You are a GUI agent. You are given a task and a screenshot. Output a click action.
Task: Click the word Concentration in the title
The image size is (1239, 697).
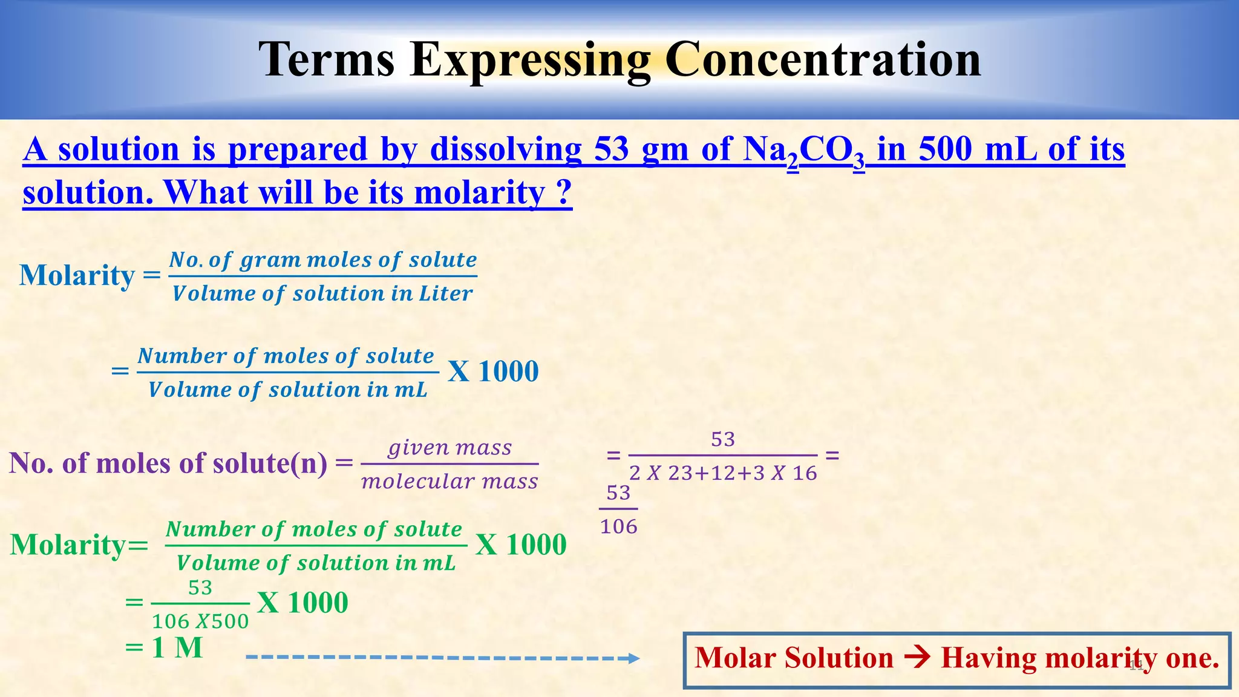click(x=822, y=59)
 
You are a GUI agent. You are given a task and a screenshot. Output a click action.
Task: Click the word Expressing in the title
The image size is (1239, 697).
click(x=530, y=61)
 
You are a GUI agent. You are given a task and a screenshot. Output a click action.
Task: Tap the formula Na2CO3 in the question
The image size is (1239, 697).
click(x=804, y=150)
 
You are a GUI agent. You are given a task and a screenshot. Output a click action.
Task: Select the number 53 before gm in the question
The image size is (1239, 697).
click(x=612, y=149)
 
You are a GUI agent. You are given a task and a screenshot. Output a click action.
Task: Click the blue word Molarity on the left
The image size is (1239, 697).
click(x=77, y=275)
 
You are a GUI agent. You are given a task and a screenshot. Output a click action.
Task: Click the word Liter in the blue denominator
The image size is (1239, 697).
click(x=445, y=294)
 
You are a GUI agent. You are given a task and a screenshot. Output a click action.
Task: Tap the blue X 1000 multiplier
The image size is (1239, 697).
click(x=493, y=371)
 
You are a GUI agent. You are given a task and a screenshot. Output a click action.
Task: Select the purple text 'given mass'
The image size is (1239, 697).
click(x=450, y=448)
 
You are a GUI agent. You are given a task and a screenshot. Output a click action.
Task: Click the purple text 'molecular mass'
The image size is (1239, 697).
click(x=450, y=482)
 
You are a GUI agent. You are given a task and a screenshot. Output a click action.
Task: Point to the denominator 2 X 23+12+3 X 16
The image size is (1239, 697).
click(x=723, y=473)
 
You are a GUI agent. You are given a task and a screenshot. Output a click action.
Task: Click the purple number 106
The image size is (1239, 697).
click(x=618, y=527)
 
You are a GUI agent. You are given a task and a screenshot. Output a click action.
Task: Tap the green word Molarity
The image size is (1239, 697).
click(x=68, y=545)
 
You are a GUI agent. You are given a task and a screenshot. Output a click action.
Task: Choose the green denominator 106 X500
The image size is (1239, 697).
click(x=200, y=621)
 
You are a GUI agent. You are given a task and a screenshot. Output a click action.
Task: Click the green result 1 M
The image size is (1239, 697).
click(x=177, y=648)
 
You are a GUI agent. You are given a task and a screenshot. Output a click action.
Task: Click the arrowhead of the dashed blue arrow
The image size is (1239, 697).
click(x=633, y=658)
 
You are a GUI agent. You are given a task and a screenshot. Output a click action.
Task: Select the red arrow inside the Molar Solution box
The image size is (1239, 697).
click(x=917, y=658)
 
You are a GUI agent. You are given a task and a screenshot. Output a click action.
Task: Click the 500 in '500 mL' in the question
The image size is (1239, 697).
click(x=945, y=149)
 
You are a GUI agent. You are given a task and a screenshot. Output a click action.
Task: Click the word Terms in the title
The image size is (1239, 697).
click(x=327, y=59)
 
